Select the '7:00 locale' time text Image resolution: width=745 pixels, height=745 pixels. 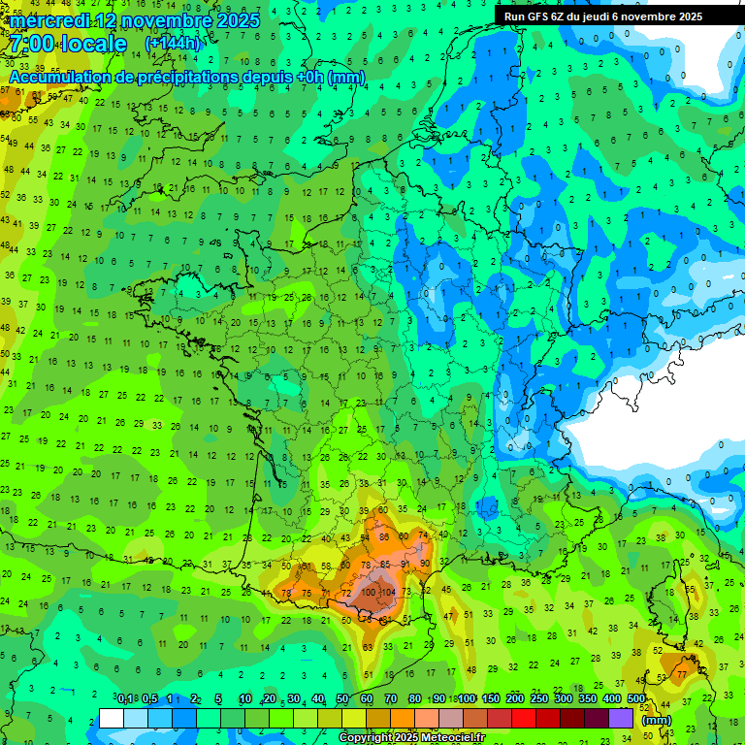coord(68,45)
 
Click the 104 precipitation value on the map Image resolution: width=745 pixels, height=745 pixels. coord(389,593)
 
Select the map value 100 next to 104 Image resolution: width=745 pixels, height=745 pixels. coord(370,593)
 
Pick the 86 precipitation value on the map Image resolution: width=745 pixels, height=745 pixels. coord(383,536)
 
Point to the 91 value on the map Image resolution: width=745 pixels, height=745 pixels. coord(405,564)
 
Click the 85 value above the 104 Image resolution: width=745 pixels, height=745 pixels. coord(385,564)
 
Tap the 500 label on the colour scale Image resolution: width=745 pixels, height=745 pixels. coord(636,699)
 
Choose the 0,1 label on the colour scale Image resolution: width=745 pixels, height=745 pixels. coord(125,699)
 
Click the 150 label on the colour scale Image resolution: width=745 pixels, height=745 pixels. coord(491,699)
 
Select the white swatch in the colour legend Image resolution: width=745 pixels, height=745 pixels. coord(112,718)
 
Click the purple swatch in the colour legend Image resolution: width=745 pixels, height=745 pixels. coord(621,718)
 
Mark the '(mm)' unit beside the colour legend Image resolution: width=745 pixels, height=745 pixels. coord(657,720)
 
